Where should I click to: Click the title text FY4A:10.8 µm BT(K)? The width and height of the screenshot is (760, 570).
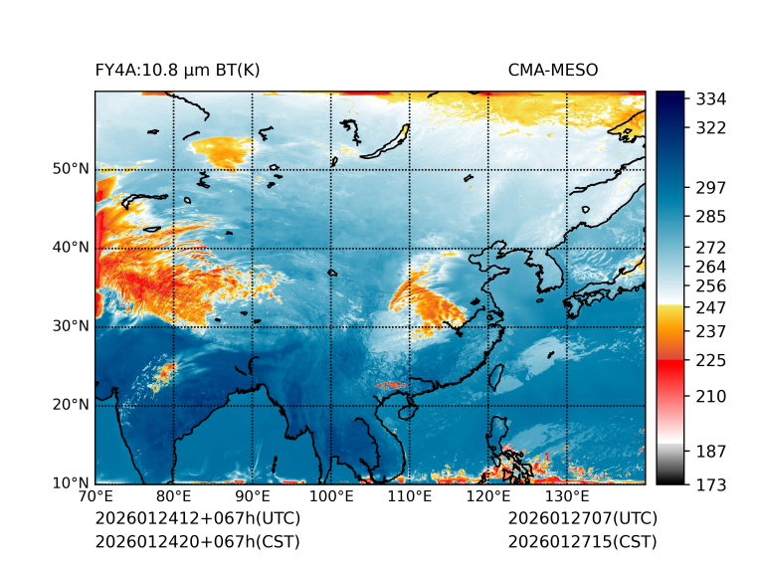pyautogui.click(x=177, y=71)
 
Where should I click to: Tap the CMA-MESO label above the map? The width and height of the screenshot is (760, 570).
pyautogui.click(x=553, y=71)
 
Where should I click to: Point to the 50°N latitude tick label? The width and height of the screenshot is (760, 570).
pyautogui.click(x=70, y=169)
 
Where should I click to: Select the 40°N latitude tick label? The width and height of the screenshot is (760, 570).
pyautogui.click(x=70, y=248)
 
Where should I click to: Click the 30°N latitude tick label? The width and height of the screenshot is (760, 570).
pyautogui.click(x=70, y=326)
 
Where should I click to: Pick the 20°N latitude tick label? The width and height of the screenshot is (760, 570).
pyautogui.click(x=70, y=405)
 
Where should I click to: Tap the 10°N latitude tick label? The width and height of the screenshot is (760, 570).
pyautogui.click(x=70, y=483)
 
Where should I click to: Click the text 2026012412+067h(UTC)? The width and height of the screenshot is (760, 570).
pyautogui.click(x=197, y=519)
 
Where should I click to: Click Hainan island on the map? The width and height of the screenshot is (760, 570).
pyautogui.click(x=406, y=411)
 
